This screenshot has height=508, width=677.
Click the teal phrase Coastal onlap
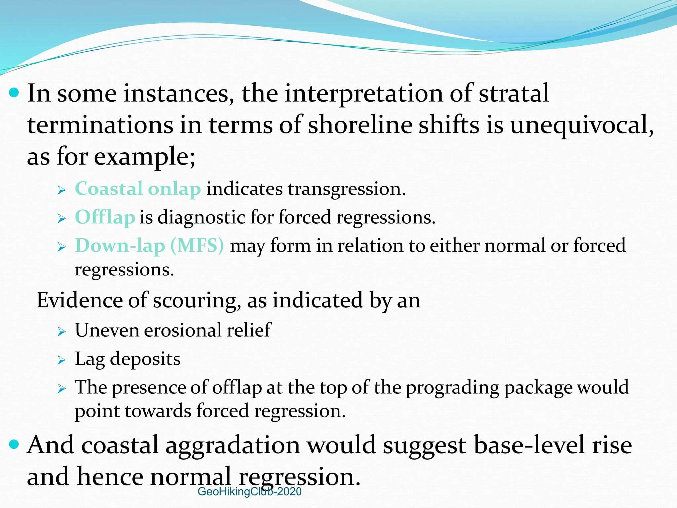coord(138,189)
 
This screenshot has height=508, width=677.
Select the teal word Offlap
coord(105,218)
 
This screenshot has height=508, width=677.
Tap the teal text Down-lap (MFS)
coord(149,246)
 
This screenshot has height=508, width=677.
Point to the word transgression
coord(346,189)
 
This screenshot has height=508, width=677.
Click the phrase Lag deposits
coord(128,359)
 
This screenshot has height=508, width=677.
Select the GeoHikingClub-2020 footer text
coord(250,492)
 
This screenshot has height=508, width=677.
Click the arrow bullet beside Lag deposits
coord(61,360)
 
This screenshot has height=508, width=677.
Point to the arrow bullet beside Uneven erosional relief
coord(61,331)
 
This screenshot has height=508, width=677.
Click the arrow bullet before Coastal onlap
coord(61,190)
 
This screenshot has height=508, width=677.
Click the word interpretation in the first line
coord(364,94)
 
